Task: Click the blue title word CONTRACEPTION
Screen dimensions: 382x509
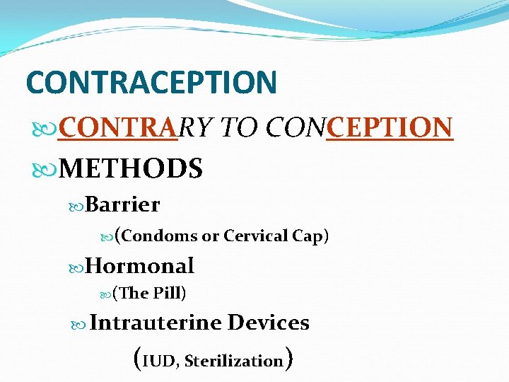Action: (151, 81)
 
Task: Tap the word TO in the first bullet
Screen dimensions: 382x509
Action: (239, 128)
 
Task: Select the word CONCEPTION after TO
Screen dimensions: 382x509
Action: (358, 128)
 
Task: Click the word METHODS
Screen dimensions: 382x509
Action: (131, 169)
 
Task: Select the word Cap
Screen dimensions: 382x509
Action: (308, 236)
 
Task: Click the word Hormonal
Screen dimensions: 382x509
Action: (140, 266)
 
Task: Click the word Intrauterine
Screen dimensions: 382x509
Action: (156, 323)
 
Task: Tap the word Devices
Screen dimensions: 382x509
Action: (269, 323)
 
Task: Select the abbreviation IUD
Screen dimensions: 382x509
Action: (161, 361)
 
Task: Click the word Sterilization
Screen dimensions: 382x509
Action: (233, 361)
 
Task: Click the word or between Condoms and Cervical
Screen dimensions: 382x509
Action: (210, 236)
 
